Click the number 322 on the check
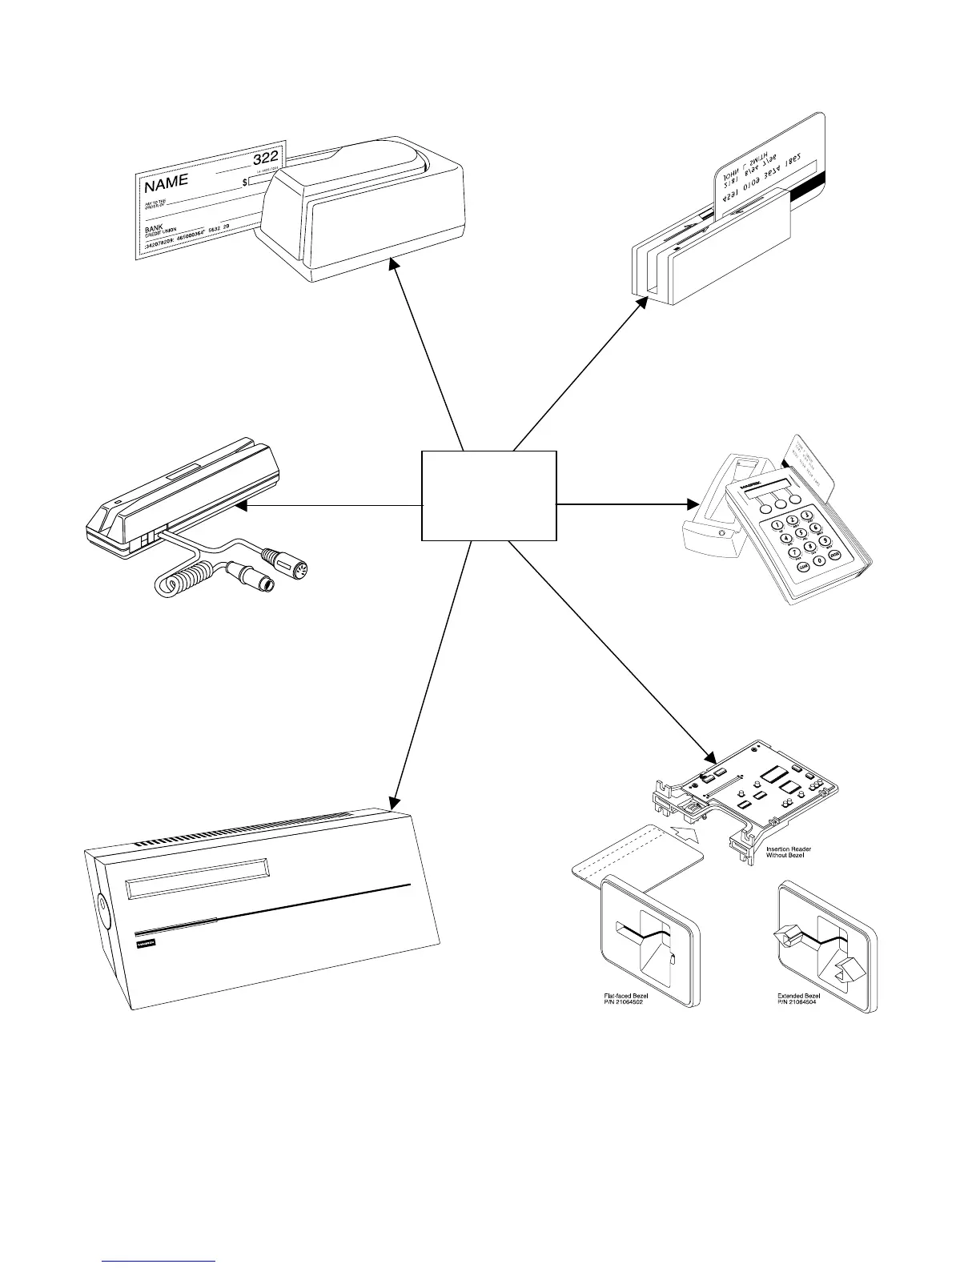click(265, 157)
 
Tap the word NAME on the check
click(167, 183)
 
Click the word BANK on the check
click(154, 228)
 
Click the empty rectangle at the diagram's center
click(488, 495)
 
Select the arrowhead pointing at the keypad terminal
click(693, 504)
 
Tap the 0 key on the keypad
click(817, 560)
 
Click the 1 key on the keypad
click(777, 524)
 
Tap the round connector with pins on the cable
click(297, 569)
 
